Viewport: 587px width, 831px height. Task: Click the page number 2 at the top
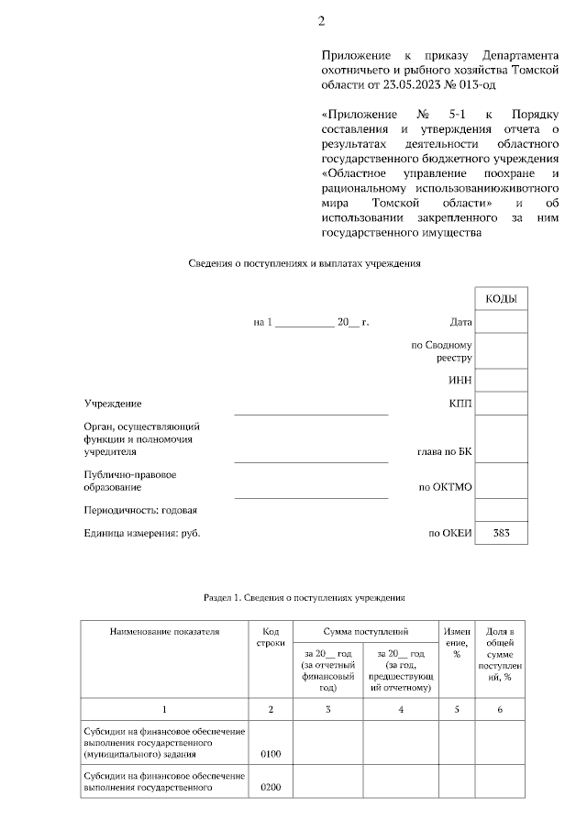point(321,21)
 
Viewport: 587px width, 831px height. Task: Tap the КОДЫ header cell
point(501,300)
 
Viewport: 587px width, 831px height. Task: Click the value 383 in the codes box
point(501,533)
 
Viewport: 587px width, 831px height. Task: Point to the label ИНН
point(460,380)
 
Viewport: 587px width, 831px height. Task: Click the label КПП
point(460,404)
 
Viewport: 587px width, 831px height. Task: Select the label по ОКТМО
point(445,487)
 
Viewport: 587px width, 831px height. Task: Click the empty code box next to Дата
point(501,322)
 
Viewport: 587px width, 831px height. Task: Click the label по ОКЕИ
point(450,533)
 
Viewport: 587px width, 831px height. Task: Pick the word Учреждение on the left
point(113,404)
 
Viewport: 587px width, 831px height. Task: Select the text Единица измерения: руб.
point(142,533)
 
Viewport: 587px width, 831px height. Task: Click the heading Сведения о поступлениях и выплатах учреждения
point(304,263)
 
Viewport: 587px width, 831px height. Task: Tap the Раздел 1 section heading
point(304,597)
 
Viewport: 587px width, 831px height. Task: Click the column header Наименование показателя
point(164,632)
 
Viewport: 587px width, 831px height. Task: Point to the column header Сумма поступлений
point(365,632)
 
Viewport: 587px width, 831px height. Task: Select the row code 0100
point(270,754)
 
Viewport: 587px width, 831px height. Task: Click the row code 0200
point(270,787)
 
